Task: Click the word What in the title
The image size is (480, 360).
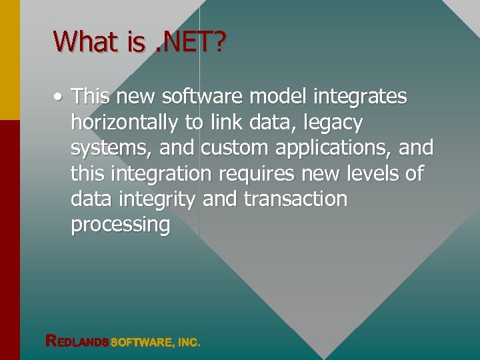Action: click(x=85, y=42)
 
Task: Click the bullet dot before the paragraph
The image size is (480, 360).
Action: click(x=59, y=98)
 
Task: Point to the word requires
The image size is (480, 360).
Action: click(x=263, y=174)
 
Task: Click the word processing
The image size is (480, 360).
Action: click(x=121, y=225)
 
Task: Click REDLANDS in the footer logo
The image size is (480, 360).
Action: click(x=77, y=341)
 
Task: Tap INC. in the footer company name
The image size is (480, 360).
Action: click(x=189, y=342)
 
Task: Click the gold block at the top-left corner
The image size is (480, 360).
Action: click(x=10, y=59)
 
